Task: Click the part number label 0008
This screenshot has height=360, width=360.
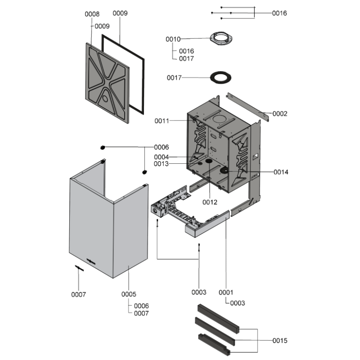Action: tap(92, 14)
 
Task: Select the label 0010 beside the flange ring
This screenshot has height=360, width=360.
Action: tap(173, 40)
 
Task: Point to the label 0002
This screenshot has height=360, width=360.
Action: tap(279, 114)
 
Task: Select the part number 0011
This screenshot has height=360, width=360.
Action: tap(162, 121)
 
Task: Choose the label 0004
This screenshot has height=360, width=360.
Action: tap(162, 157)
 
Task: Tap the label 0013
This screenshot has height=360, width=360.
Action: tap(162, 164)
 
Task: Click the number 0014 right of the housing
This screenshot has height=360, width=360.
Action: tap(279, 172)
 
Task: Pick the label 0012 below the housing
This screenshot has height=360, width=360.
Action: tap(210, 202)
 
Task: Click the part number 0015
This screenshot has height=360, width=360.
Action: tap(279, 341)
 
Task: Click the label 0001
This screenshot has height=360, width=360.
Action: tap(226, 292)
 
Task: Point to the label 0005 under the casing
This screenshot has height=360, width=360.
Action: tap(129, 294)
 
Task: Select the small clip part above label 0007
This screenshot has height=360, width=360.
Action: tap(79, 268)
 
